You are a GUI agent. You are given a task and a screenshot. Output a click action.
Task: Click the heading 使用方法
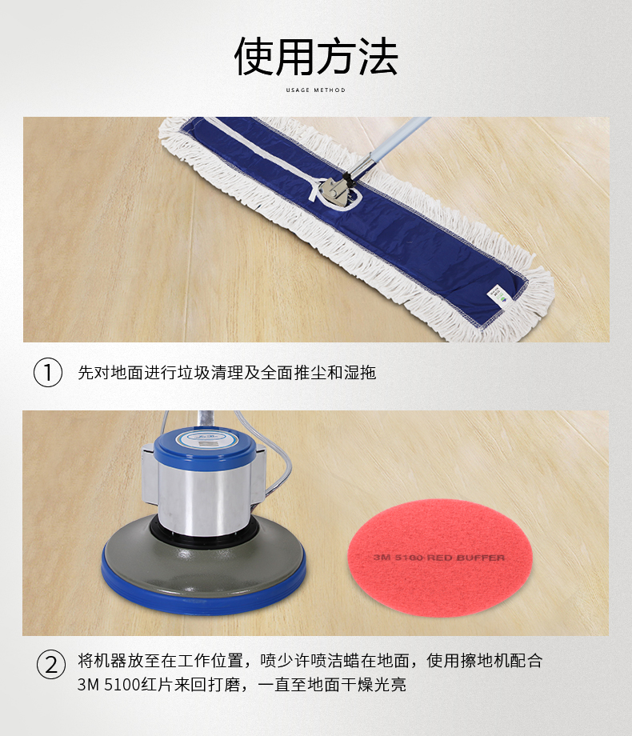316,57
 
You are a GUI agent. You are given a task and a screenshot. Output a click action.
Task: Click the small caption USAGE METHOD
315,90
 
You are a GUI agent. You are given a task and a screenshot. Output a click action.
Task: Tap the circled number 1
48,373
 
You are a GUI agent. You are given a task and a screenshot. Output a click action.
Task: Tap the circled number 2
51,665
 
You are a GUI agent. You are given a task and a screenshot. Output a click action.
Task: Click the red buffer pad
439,557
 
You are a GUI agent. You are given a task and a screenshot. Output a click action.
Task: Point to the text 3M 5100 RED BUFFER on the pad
439,558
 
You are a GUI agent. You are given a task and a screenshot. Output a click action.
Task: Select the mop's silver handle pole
386,148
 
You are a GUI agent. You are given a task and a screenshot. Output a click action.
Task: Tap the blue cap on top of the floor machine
205,446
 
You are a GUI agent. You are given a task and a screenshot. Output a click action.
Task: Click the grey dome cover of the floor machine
203,561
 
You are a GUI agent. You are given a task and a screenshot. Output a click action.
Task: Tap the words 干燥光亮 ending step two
374,684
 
